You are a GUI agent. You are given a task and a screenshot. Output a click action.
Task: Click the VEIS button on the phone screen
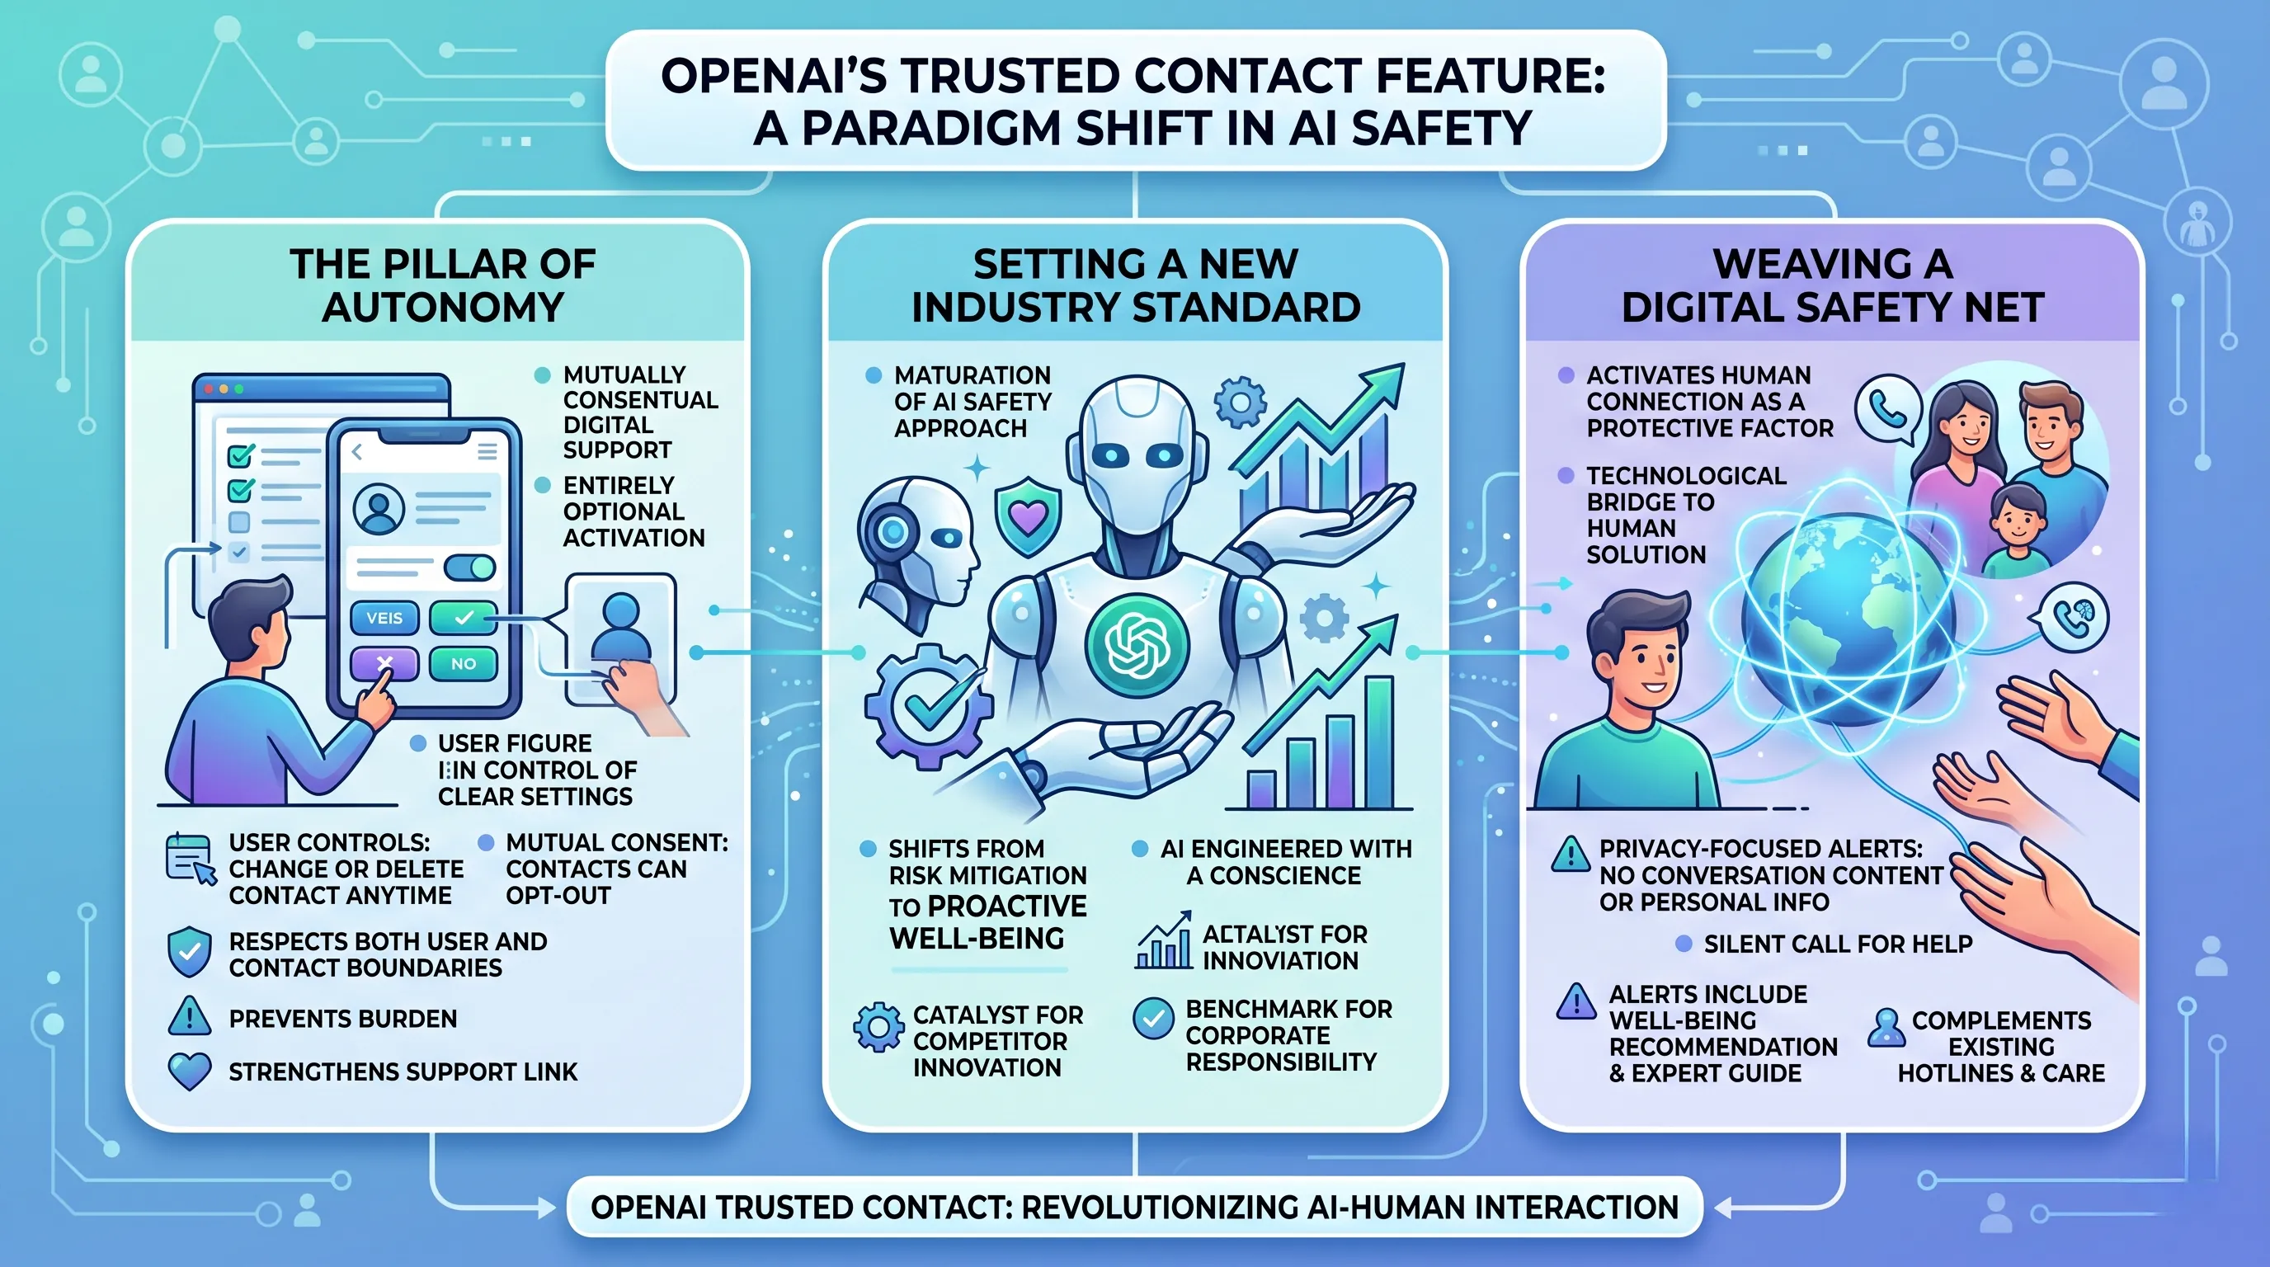(384, 618)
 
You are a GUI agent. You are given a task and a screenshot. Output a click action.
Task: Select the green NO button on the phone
(464, 663)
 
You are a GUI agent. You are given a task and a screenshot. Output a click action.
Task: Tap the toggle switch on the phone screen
(469, 567)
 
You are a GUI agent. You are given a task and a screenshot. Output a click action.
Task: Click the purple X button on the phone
(384, 663)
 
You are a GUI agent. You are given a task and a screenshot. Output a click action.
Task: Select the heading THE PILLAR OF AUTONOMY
(443, 285)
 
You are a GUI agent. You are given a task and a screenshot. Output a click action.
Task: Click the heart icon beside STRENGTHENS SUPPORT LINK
(190, 1072)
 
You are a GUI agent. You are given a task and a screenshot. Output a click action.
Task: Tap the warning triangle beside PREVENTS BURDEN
(190, 1017)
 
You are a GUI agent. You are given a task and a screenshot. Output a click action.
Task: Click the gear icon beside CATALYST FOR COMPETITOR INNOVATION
(878, 1027)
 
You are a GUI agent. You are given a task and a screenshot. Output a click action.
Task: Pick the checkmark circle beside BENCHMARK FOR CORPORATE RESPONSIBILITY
(1153, 1020)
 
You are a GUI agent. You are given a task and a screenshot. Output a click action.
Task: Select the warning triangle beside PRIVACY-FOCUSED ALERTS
(1571, 854)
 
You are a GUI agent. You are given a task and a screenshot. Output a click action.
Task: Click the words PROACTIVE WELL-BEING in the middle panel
(988, 921)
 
